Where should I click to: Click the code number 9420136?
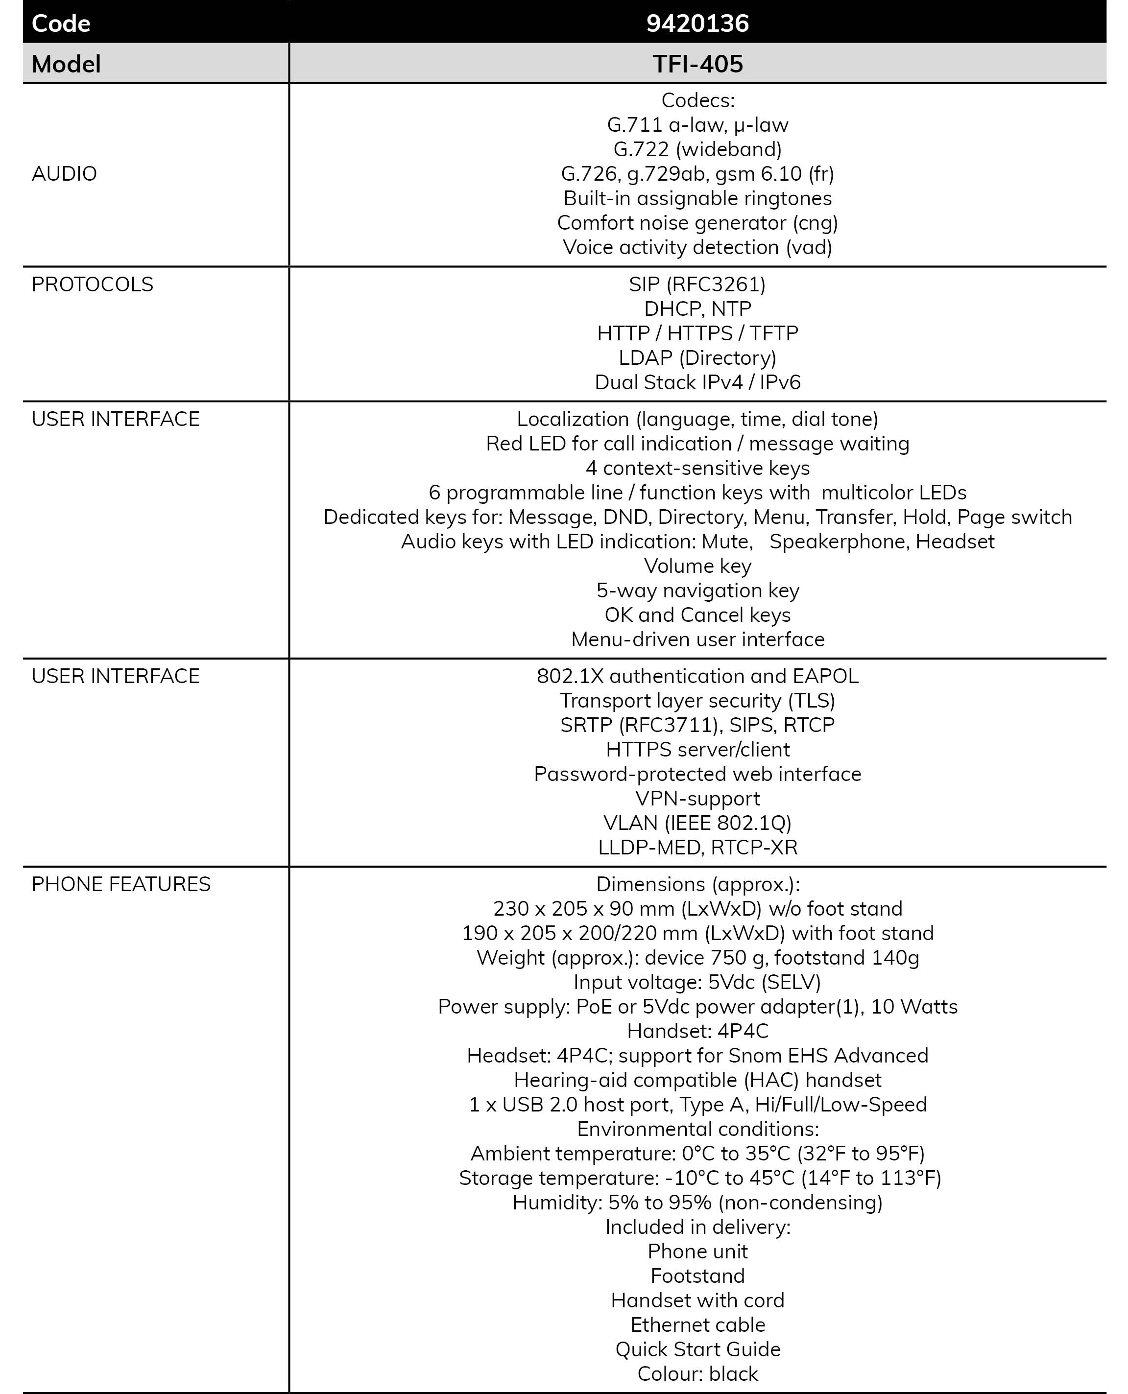click(x=697, y=24)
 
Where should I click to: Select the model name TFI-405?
click(x=697, y=64)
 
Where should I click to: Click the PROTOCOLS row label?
click(x=92, y=284)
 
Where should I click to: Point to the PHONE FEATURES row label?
click(x=121, y=884)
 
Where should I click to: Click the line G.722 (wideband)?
click(x=697, y=149)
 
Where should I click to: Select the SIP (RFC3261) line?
click(x=697, y=284)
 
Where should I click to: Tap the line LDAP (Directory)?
click(x=697, y=358)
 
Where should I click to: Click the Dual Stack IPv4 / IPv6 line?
click(x=697, y=382)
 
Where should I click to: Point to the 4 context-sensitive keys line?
click(x=697, y=469)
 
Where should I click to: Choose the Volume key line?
click(x=697, y=566)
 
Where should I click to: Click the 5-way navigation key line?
click(x=697, y=591)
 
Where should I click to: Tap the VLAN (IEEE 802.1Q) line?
click(x=697, y=823)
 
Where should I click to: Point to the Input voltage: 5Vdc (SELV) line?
click(x=697, y=982)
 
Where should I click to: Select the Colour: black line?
click(x=697, y=1374)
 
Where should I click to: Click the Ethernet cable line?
click(x=697, y=1324)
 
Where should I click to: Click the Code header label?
click(x=61, y=24)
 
